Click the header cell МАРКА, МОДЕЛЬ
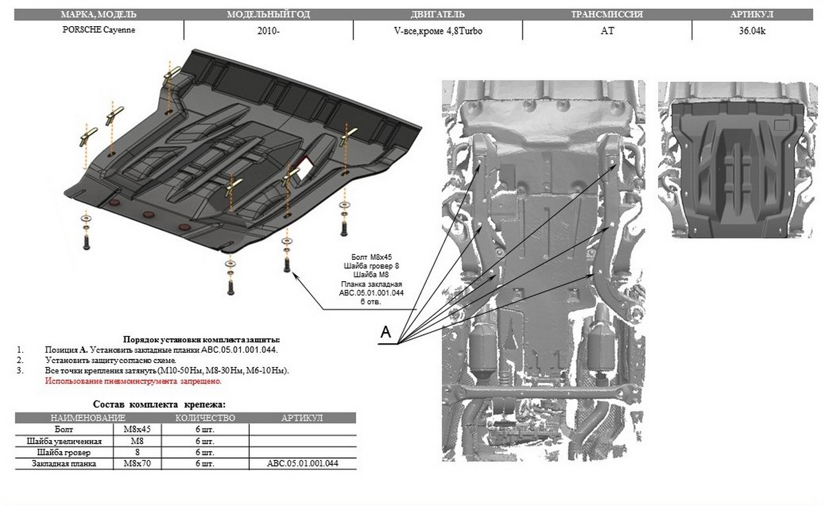tap(98, 14)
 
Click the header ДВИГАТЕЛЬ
tap(438, 14)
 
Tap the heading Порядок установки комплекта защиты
tap(201, 340)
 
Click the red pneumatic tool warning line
tap(133, 380)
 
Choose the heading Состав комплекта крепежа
tap(159, 404)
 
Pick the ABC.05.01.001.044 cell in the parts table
tap(302, 464)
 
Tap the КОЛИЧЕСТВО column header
tap(205, 417)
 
